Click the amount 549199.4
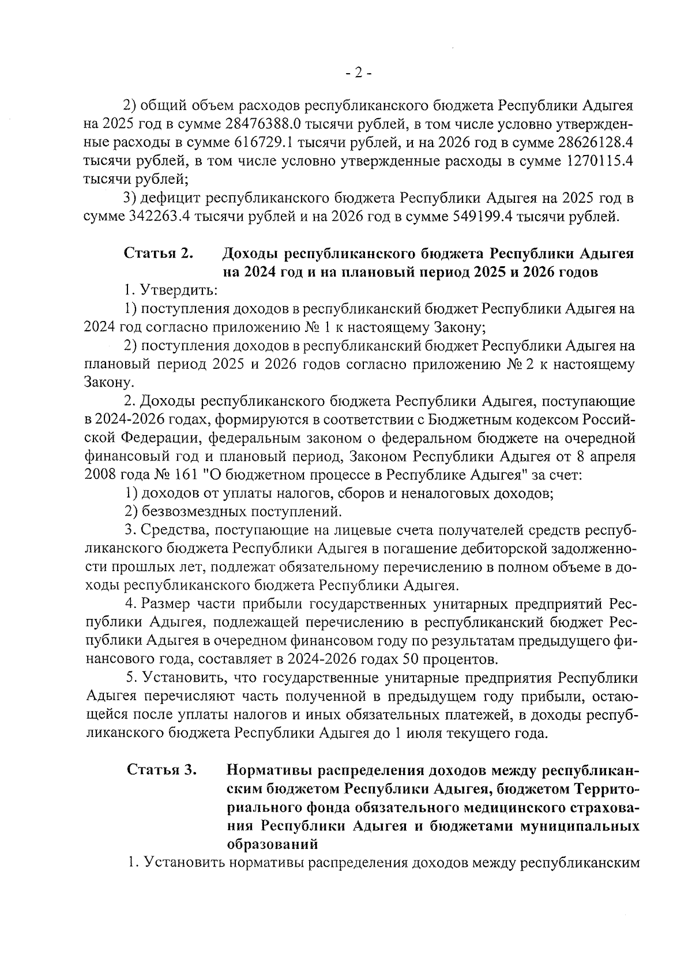point(476,217)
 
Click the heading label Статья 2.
point(158,254)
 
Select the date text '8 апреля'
point(606,457)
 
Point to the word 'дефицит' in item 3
point(171,199)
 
